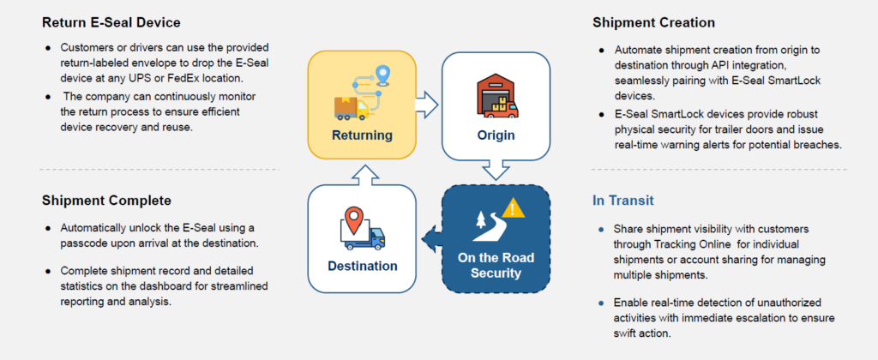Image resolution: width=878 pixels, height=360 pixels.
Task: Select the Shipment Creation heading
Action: click(x=652, y=22)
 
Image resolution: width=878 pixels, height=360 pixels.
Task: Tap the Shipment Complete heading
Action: click(x=106, y=201)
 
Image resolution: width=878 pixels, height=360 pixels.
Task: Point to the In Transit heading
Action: click(x=623, y=201)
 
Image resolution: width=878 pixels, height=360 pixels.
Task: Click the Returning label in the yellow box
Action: click(x=363, y=135)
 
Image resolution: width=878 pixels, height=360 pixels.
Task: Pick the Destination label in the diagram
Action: click(x=363, y=266)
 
